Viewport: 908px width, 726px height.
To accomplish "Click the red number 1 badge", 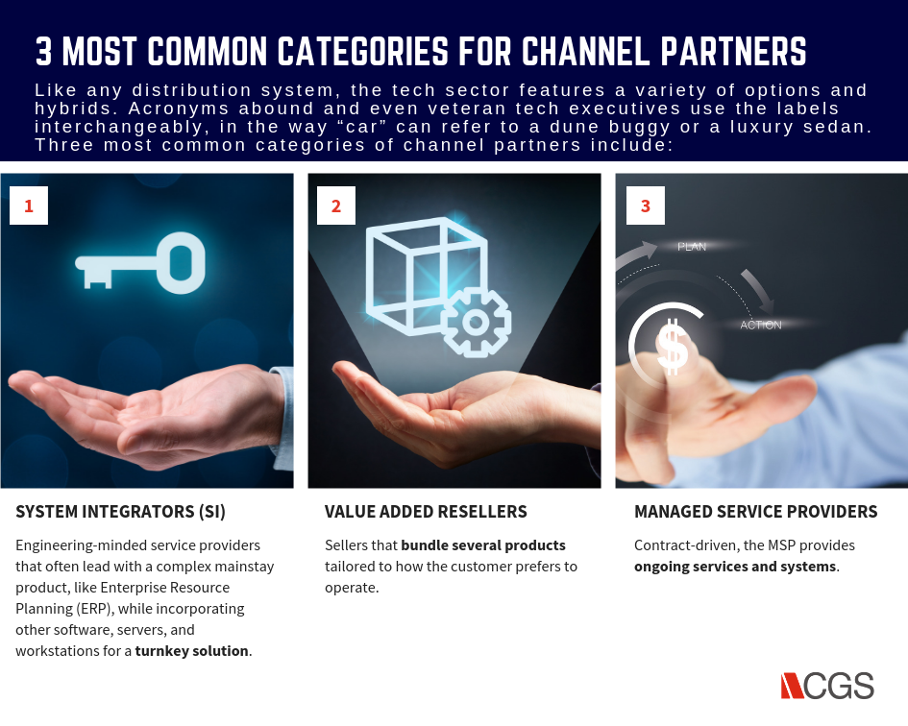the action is pos(29,206).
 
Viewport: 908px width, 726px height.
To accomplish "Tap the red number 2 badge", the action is pos(336,206).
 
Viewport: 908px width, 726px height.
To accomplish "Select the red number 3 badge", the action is pos(646,206).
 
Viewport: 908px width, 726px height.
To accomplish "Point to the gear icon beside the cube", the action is pos(476,322).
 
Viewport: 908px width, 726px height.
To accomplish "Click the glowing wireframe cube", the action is pos(426,275).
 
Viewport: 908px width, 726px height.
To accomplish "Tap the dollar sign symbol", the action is pos(672,347).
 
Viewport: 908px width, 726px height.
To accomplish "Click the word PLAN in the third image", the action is pos(692,247).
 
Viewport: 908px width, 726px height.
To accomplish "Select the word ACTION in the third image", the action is pos(761,326).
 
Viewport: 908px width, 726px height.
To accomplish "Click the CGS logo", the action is pos(827,686).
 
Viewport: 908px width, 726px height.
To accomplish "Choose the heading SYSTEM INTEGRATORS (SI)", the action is pos(120,512).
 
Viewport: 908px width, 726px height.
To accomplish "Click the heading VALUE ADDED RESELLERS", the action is pos(426,512).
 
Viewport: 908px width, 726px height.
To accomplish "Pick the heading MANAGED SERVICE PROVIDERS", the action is pos(755,512).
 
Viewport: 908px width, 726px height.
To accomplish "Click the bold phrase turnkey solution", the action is pos(191,651).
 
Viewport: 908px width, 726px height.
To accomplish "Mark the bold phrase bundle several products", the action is pos(483,545).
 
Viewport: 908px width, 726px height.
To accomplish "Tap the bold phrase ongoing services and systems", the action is pos(735,567).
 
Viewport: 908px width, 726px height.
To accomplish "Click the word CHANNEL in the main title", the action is pos(586,51).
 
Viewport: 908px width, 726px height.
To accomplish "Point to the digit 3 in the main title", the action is pos(43,51).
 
